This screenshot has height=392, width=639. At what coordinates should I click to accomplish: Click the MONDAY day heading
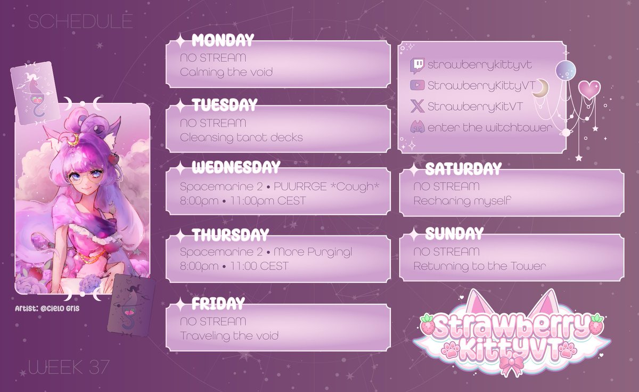[x=223, y=40]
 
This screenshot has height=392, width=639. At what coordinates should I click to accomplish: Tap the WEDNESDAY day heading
[x=235, y=168]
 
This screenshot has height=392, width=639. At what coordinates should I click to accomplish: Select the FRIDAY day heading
[x=218, y=304]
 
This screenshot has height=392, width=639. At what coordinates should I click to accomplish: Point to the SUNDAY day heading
[x=454, y=233]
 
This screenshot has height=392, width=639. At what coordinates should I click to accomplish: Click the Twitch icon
[x=417, y=65]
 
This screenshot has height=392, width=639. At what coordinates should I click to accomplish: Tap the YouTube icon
[x=417, y=85]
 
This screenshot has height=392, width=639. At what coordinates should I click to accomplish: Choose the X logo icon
[x=417, y=106]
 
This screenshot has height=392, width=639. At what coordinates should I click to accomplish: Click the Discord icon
[x=417, y=128]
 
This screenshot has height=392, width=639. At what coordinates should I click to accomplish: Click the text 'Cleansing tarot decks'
[x=241, y=137]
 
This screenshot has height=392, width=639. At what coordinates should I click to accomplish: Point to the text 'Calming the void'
[x=226, y=71]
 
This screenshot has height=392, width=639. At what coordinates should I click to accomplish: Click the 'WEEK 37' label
[x=69, y=366]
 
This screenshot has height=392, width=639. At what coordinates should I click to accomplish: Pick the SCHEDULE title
[x=80, y=21]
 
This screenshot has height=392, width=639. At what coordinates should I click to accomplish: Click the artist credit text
[x=46, y=309]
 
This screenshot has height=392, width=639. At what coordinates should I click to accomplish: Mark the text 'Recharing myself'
[x=462, y=201]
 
